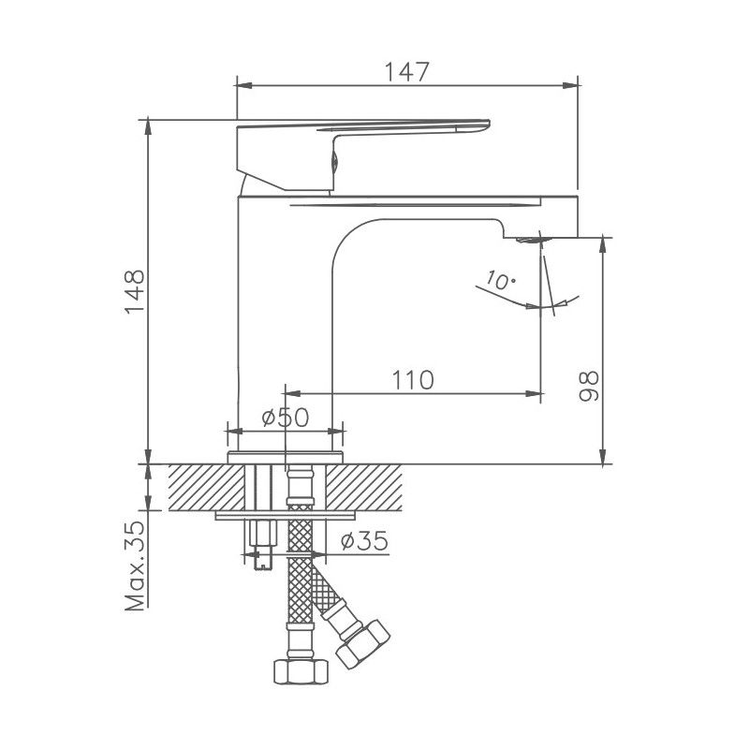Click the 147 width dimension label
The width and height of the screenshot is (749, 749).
click(x=406, y=71)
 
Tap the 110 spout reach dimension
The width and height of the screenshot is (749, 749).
click(x=413, y=379)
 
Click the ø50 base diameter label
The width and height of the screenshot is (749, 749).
click(x=286, y=418)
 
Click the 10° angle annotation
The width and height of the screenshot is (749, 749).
click(x=501, y=280)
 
